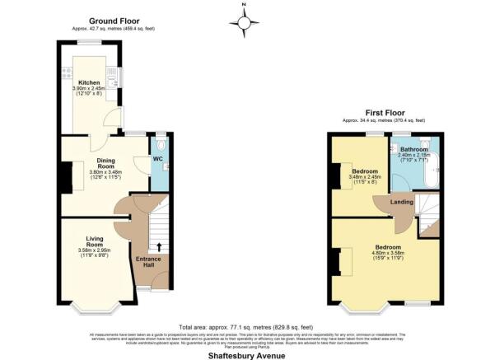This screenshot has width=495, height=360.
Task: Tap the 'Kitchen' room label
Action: tap(89, 83)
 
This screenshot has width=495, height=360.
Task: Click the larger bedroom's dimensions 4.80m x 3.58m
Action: tap(389, 254)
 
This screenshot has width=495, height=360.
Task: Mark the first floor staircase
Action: tap(428, 213)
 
